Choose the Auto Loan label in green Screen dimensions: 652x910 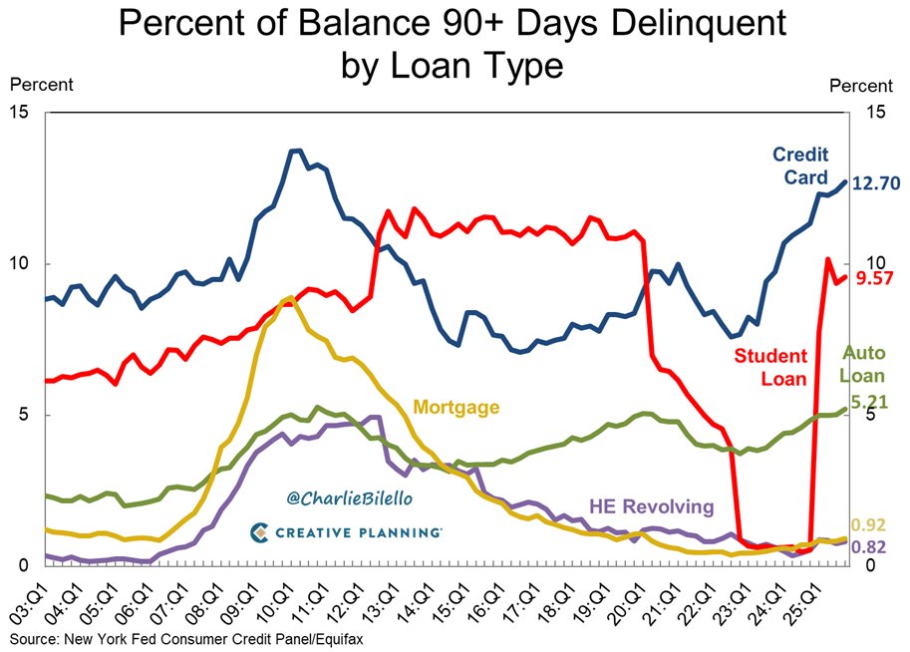pyautogui.click(x=864, y=365)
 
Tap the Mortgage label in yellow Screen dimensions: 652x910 pyautogui.click(x=455, y=407)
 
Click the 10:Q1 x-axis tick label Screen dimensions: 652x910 pyautogui.click(x=287, y=603)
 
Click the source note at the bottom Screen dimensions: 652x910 pyautogui.click(x=180, y=638)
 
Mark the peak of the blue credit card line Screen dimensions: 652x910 pyautogui.click(x=295, y=151)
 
